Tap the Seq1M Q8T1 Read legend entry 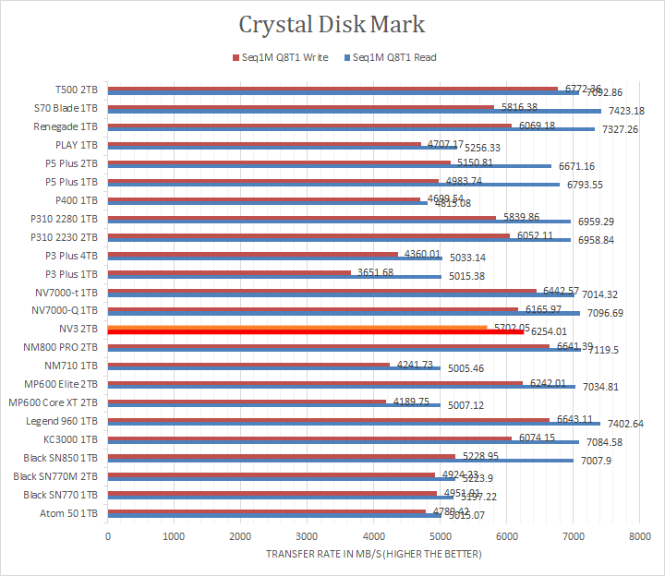[389, 57]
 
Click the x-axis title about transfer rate [373, 554]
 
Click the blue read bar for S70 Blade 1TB [351, 111]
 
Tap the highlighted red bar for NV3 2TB [314, 332]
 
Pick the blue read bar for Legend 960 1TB [351, 425]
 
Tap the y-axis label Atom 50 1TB [71, 513]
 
